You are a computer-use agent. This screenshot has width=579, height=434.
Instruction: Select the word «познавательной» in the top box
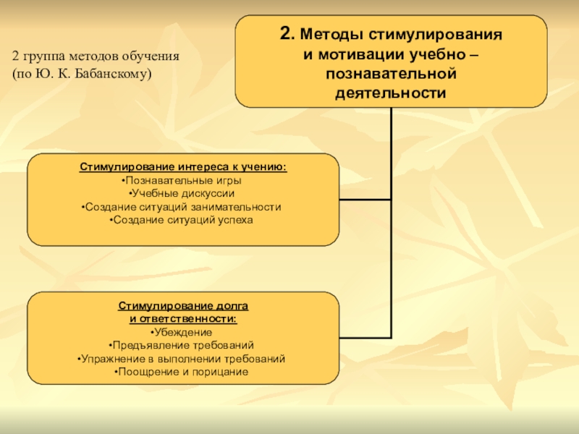click(x=390, y=75)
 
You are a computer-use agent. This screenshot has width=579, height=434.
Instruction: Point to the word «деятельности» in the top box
click(x=390, y=93)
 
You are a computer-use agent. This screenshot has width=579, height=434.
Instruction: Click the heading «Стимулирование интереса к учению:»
click(x=183, y=167)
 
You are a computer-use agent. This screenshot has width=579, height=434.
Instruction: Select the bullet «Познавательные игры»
click(x=183, y=180)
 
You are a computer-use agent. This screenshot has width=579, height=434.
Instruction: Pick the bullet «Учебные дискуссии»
click(x=183, y=193)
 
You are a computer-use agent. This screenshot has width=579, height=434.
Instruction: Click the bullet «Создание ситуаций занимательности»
click(x=183, y=206)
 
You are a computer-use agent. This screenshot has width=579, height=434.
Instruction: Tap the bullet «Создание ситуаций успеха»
click(x=183, y=219)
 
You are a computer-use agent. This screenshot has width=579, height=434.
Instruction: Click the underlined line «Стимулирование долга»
click(x=183, y=307)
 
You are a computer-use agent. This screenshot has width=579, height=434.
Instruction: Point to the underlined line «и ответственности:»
click(x=183, y=319)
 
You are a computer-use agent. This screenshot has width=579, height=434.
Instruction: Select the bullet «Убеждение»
click(x=183, y=332)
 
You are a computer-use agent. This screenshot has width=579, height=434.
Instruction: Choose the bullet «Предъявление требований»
click(x=183, y=345)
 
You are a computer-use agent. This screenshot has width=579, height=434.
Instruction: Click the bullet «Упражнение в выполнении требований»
click(x=183, y=358)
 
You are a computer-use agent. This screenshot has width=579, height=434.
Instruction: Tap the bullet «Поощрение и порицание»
click(x=183, y=372)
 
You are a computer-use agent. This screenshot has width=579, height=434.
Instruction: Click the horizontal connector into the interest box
click(x=365, y=200)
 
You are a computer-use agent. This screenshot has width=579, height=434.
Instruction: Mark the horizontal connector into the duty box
click(x=365, y=338)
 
